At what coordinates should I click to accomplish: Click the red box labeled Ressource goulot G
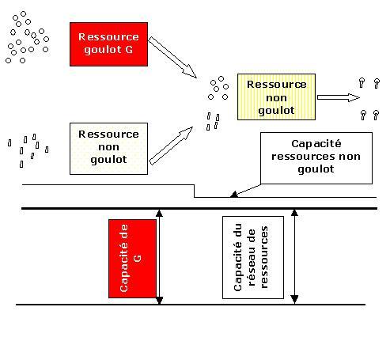108,44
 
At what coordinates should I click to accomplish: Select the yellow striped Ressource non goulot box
276,97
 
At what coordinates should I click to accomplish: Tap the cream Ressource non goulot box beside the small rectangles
108,149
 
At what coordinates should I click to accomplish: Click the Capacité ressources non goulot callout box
316,158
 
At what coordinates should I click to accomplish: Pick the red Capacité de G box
132,259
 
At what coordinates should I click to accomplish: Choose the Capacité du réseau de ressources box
253,258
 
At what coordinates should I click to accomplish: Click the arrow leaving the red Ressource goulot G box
172,58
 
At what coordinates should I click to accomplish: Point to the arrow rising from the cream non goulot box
171,146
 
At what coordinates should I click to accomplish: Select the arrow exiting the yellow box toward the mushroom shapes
339,97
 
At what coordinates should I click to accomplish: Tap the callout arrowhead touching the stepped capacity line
233,195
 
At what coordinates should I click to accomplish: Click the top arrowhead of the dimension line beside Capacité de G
159,213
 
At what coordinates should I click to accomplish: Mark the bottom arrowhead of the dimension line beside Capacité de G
159,301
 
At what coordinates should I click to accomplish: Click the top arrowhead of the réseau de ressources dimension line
294,213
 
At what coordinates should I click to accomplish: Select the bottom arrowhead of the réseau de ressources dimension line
294,300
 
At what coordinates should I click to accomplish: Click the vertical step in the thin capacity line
195,191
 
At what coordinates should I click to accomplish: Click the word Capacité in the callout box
316,144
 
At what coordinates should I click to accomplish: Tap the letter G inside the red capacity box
138,258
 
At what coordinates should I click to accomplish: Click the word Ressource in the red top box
108,37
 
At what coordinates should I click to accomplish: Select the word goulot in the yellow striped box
276,110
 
